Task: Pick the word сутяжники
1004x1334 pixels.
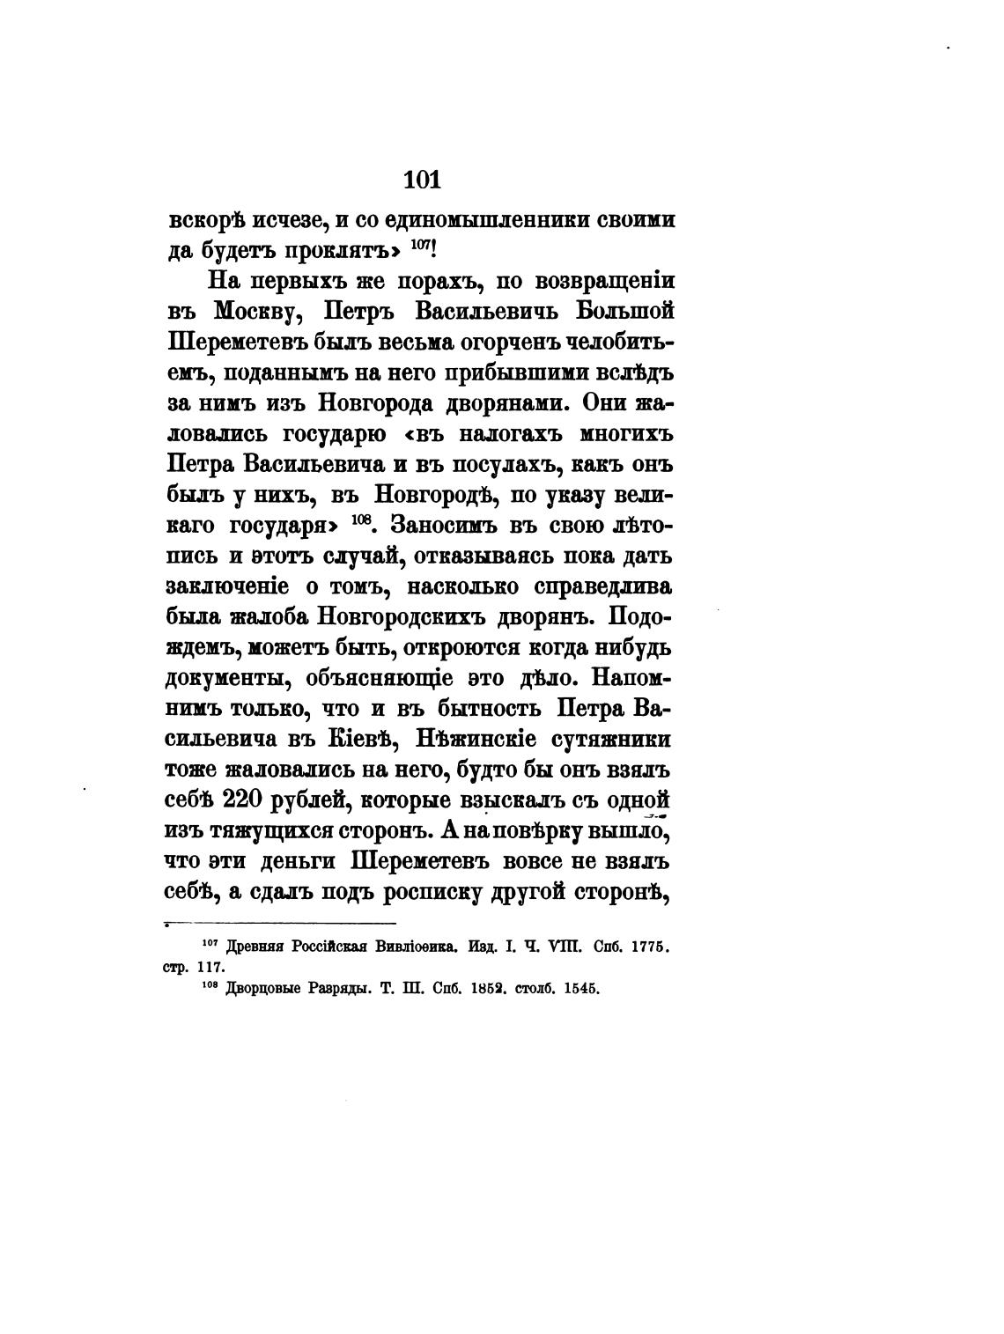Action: pyautogui.click(x=617, y=738)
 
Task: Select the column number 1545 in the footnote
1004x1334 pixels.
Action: pyautogui.click(x=579, y=989)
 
